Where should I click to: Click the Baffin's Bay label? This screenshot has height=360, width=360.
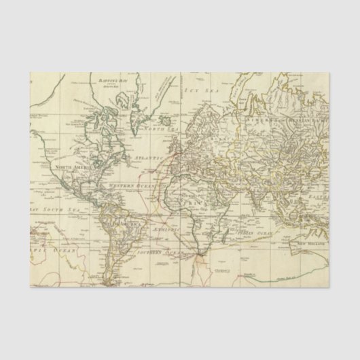(108, 80)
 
